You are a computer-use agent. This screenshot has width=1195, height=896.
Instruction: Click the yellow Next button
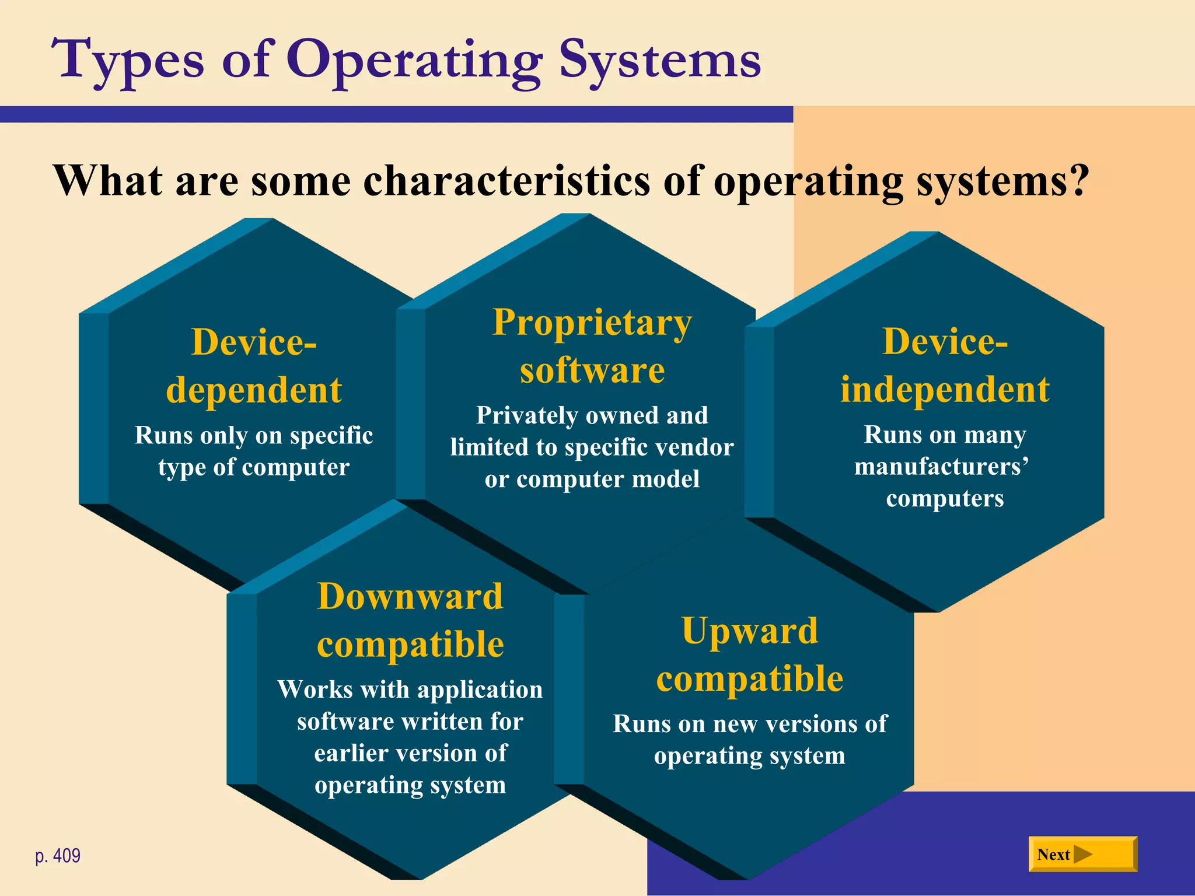pos(1082,854)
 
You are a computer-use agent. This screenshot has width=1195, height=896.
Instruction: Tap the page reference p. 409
pos(58,856)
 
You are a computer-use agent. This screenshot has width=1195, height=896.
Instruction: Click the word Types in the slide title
pos(128,61)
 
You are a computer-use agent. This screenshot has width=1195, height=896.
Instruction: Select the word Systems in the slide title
pos(659,61)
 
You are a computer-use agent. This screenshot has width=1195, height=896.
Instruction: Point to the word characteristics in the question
pos(506,181)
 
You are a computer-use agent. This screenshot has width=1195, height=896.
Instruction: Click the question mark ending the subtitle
pos(1078,181)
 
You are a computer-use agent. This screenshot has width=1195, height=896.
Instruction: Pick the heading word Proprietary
pos(592,322)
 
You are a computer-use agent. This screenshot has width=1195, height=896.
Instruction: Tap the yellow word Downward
pos(410,596)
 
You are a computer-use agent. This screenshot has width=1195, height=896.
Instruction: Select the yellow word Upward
pos(750,631)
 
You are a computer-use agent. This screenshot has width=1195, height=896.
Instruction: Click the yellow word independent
pos(945,389)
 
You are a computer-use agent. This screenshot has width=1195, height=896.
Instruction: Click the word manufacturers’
pos(941,467)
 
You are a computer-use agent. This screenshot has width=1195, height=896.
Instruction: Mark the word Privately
pos(527,416)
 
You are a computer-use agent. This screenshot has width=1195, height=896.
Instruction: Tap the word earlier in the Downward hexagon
pos(348,753)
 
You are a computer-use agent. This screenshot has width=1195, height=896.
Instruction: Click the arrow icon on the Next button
pos(1082,854)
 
